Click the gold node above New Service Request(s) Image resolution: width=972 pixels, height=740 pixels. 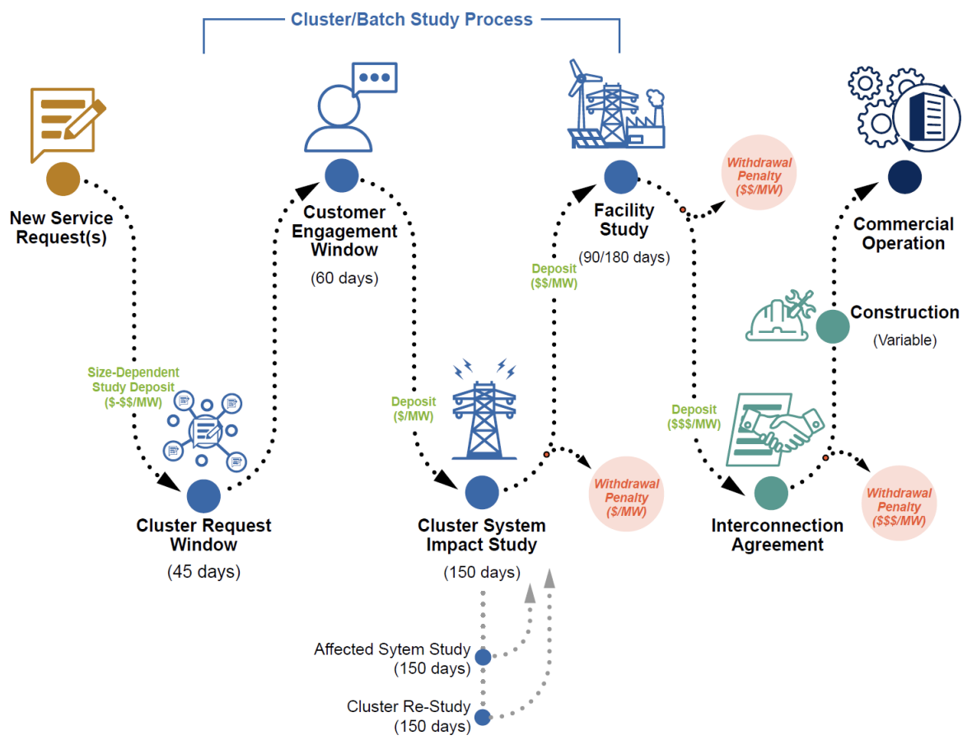63,179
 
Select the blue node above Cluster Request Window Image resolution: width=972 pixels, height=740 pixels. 203,496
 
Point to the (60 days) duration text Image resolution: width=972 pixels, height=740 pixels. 344,278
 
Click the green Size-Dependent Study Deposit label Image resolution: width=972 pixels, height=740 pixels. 133,386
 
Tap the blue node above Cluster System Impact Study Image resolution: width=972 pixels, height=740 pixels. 482,493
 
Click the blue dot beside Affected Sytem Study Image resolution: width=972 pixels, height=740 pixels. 483,657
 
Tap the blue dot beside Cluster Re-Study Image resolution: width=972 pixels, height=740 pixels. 483,717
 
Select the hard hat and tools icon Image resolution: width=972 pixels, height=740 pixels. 779,316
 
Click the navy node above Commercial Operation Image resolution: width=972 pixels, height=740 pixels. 904,176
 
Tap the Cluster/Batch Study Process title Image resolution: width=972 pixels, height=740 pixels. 412,19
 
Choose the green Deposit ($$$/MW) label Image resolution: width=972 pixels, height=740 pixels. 694,417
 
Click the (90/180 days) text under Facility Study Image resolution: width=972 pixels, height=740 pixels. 624,257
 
